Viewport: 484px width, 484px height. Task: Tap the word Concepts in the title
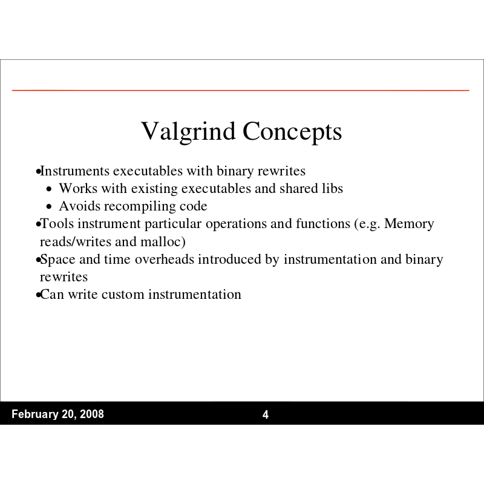[x=292, y=132]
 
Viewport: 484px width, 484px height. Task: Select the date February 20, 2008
[x=57, y=414]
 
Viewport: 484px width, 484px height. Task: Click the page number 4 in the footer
[x=265, y=414]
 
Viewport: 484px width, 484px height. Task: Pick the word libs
[x=331, y=188]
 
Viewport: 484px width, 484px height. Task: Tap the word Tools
[x=55, y=224]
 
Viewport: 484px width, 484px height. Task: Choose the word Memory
[x=410, y=224]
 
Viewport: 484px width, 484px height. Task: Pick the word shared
[x=298, y=188]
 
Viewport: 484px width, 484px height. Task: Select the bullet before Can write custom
[x=38, y=296]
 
